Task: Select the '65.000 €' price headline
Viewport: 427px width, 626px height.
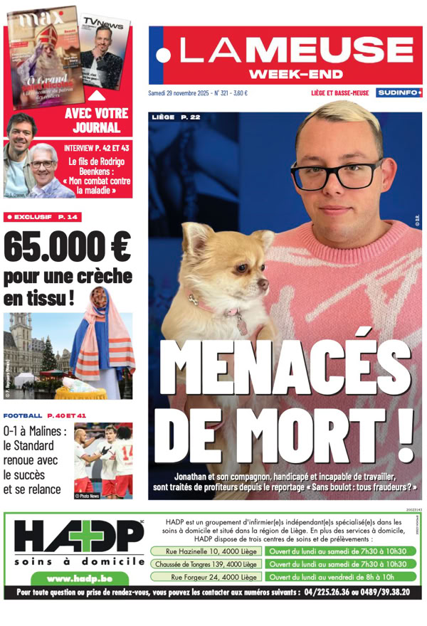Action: (x=68, y=247)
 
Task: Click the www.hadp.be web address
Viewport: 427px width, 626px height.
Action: (x=74, y=578)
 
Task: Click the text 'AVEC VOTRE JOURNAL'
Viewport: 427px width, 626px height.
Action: (x=96, y=121)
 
